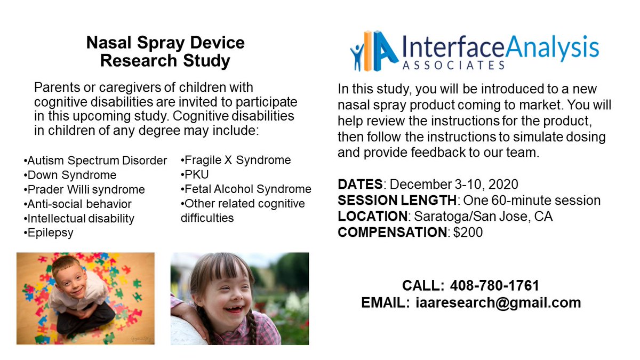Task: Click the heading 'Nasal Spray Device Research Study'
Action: tap(165, 52)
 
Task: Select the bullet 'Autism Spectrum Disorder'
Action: tap(95, 161)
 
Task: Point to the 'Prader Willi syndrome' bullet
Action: tap(84, 189)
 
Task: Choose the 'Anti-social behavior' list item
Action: tap(78, 204)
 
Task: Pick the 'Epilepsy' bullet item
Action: tap(49, 233)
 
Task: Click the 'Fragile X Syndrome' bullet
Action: tap(236, 160)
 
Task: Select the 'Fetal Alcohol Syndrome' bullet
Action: tap(246, 189)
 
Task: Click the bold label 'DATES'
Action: tap(360, 185)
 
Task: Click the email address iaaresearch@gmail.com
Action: tap(498, 302)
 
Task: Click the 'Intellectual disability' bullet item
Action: tap(79, 218)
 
